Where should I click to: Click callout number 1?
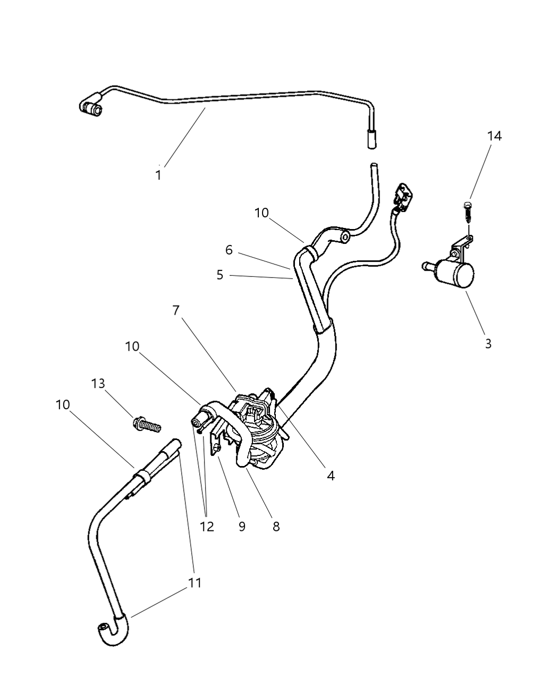[x=158, y=175]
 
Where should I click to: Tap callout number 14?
[x=494, y=136]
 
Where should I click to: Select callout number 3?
[x=488, y=343]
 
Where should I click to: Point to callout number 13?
[x=98, y=383]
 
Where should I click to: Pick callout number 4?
[x=331, y=476]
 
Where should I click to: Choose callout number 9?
[x=242, y=526]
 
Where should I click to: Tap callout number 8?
[x=276, y=526]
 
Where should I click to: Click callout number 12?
[x=207, y=526]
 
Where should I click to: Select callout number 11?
[x=195, y=582]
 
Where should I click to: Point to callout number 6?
[x=229, y=250]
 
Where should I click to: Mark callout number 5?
[x=220, y=275]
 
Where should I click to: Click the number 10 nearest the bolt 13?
[x=132, y=346]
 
